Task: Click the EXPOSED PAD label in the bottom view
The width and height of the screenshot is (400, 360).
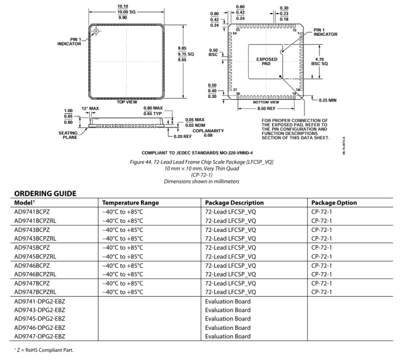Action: click(x=267, y=62)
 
